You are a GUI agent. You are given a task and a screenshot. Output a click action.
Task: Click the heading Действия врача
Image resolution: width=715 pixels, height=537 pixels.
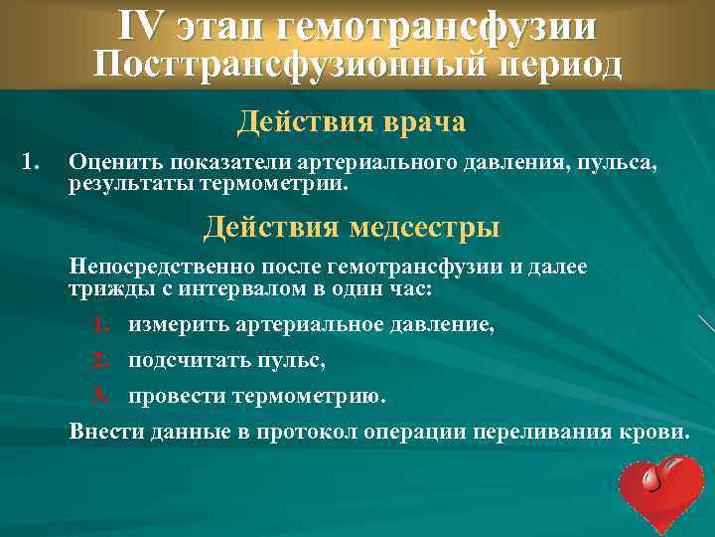[352, 123]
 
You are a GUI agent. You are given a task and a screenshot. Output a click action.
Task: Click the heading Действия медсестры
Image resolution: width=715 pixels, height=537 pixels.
[352, 227]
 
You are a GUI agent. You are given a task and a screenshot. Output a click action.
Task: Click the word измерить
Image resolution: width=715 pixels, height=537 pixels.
[180, 324]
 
